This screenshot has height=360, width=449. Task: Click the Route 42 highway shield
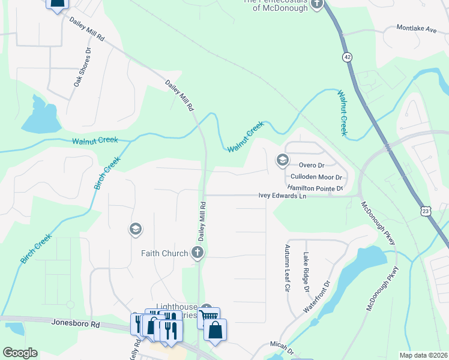(x=347, y=56)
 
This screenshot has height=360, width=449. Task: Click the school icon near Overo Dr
(x=282, y=160)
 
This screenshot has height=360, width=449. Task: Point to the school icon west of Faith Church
(x=135, y=229)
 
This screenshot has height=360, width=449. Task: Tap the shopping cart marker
(x=209, y=317)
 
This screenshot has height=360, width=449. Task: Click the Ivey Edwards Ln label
(x=282, y=195)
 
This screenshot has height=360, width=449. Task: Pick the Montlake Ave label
(x=417, y=28)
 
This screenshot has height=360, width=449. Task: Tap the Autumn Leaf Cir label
(x=287, y=268)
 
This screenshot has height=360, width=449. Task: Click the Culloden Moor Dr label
(x=315, y=177)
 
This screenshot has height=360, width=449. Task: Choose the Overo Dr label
(x=312, y=165)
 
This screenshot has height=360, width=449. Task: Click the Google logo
(x=20, y=353)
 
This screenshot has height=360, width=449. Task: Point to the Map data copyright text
(x=424, y=355)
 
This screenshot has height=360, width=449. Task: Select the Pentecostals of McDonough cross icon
(x=316, y=4)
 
